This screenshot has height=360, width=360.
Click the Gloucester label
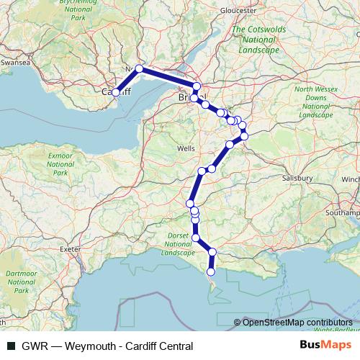[x=239, y=11]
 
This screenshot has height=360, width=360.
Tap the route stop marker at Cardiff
[x=115, y=92]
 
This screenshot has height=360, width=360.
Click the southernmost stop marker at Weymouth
[x=211, y=272]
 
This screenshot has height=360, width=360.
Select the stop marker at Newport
[x=140, y=69]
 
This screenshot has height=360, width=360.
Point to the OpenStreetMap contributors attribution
[x=297, y=323]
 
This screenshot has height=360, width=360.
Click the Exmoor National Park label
[x=59, y=163]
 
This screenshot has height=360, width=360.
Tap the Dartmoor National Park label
[x=17, y=282]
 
